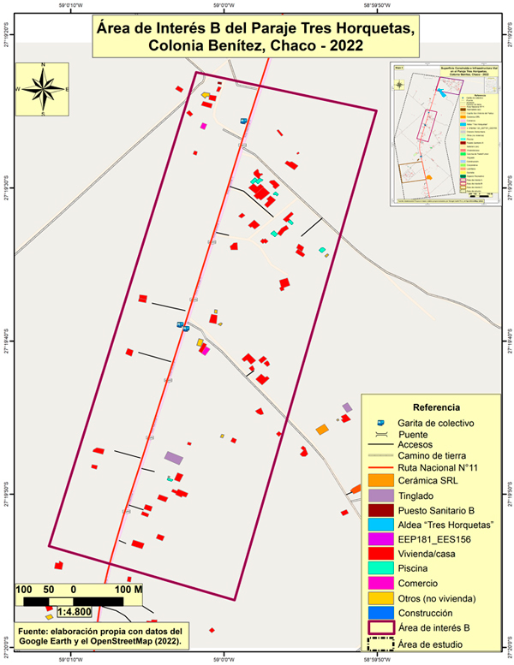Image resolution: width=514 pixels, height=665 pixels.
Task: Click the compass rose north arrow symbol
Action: click(x=43, y=88)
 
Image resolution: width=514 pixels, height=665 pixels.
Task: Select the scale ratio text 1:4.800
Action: click(x=75, y=613)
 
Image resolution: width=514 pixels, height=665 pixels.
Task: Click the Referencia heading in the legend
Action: click(x=437, y=407)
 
